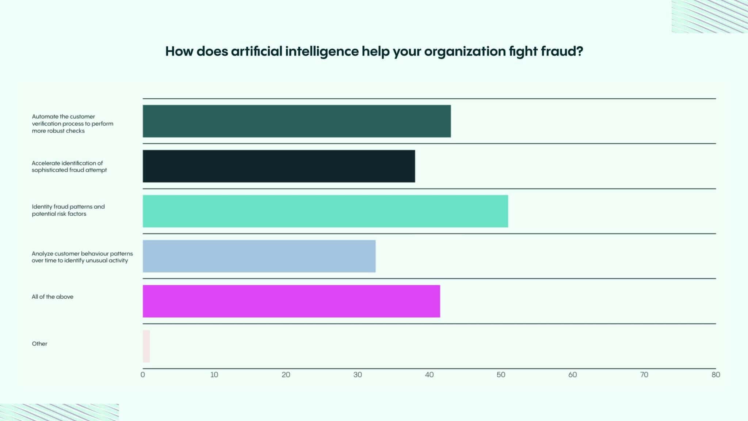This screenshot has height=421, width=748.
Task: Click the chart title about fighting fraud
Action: coord(374,52)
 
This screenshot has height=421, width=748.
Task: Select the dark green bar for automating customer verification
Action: coord(297,121)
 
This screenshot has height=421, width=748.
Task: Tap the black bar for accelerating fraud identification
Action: coord(279,166)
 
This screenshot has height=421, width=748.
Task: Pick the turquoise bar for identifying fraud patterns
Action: coord(325,211)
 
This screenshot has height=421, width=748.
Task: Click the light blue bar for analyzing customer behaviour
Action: coord(259,256)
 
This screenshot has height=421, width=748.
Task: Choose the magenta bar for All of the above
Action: coord(291,301)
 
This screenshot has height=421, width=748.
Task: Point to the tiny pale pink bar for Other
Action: coord(146,346)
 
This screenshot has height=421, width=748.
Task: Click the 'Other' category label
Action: coord(39,344)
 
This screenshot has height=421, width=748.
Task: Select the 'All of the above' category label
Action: coord(53,297)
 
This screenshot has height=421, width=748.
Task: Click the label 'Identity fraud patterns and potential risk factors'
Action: coord(68,210)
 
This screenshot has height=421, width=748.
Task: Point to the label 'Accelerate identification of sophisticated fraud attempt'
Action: coord(69,167)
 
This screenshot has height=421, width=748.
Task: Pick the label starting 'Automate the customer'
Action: coord(72,124)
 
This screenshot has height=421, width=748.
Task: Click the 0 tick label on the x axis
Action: coord(143,375)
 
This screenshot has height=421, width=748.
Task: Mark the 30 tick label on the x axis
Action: coord(358,375)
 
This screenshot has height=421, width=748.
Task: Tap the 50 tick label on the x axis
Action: coord(501,375)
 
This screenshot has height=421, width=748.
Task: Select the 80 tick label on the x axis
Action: coord(715,375)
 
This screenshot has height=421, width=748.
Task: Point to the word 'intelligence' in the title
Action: coord(322,52)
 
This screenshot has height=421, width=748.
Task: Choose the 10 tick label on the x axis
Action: coord(214,375)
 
